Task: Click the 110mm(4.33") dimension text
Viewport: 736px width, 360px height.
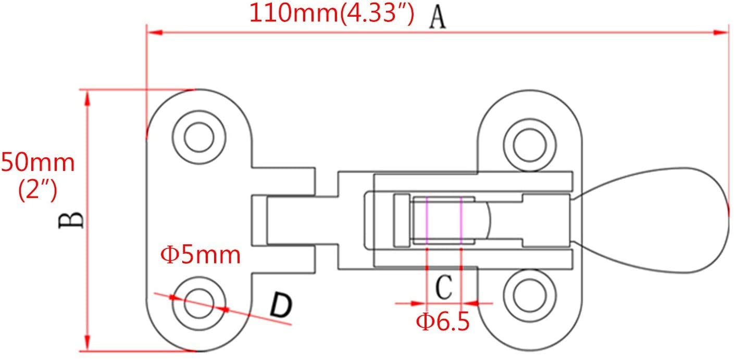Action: tap(332, 13)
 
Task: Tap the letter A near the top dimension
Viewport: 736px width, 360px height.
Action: tap(438, 18)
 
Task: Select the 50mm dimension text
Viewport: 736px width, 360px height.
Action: tap(38, 163)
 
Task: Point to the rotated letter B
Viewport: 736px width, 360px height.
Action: tap(71, 220)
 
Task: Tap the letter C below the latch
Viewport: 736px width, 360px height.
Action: tap(444, 287)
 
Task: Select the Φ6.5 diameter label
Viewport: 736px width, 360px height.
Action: tap(443, 321)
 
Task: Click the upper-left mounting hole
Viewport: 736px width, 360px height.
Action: tap(199, 137)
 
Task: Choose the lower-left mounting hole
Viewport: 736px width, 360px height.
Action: tap(199, 304)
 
